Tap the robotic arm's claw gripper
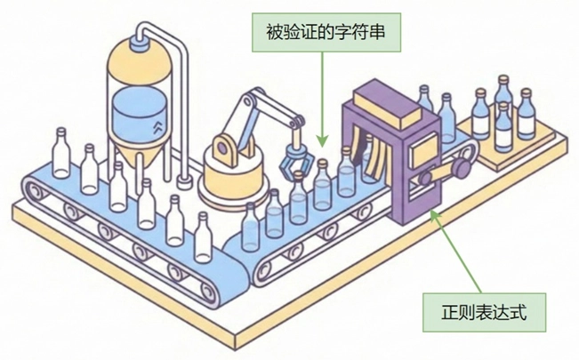(295, 161)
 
